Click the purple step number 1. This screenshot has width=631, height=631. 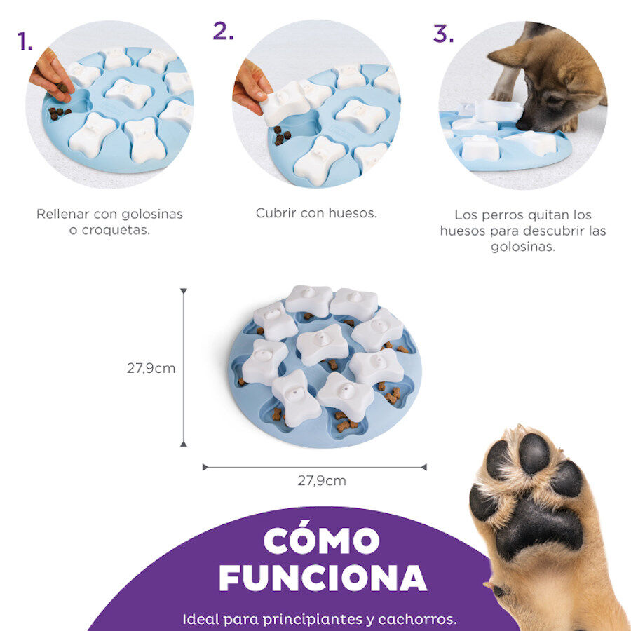coord(24,42)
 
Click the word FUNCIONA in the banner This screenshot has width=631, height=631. coord(323,577)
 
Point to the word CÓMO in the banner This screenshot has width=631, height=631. coord(322,541)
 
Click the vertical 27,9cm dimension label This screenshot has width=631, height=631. coord(151,368)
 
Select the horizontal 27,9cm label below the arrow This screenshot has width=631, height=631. coord(322,481)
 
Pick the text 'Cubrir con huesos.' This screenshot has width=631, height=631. coord(316,213)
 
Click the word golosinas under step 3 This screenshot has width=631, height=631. coord(523,246)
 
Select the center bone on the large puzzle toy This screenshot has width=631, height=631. coord(323,344)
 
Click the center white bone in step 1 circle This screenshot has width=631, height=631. coord(128,93)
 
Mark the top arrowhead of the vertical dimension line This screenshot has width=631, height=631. coord(184,291)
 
